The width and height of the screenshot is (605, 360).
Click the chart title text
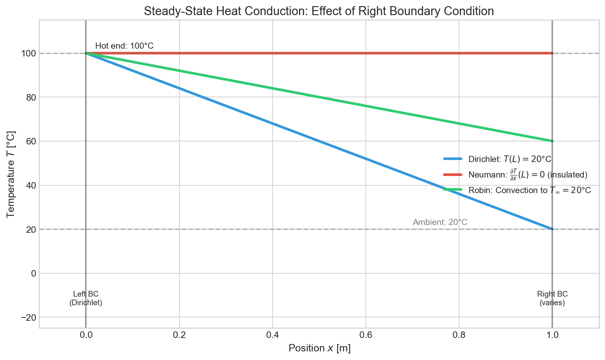click(x=319, y=11)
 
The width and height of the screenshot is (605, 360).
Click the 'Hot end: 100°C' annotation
click(x=124, y=46)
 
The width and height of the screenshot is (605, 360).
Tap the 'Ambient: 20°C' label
click(x=440, y=222)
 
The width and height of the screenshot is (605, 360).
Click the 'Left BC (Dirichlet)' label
click(x=86, y=298)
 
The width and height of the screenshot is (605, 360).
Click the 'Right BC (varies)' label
click(x=552, y=298)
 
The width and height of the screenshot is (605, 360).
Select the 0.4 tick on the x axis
click(x=272, y=335)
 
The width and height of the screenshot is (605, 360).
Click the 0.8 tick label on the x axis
click(x=459, y=335)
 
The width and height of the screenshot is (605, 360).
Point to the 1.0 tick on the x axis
click(x=552, y=335)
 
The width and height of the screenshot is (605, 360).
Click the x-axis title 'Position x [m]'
click(x=319, y=348)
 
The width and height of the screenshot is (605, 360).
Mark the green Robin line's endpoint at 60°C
click(x=552, y=141)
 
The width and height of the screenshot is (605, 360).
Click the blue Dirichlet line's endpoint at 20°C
click(x=552, y=229)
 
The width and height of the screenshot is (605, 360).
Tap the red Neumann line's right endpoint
click(x=552, y=53)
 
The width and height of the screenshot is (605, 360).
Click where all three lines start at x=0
click(x=86, y=53)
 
